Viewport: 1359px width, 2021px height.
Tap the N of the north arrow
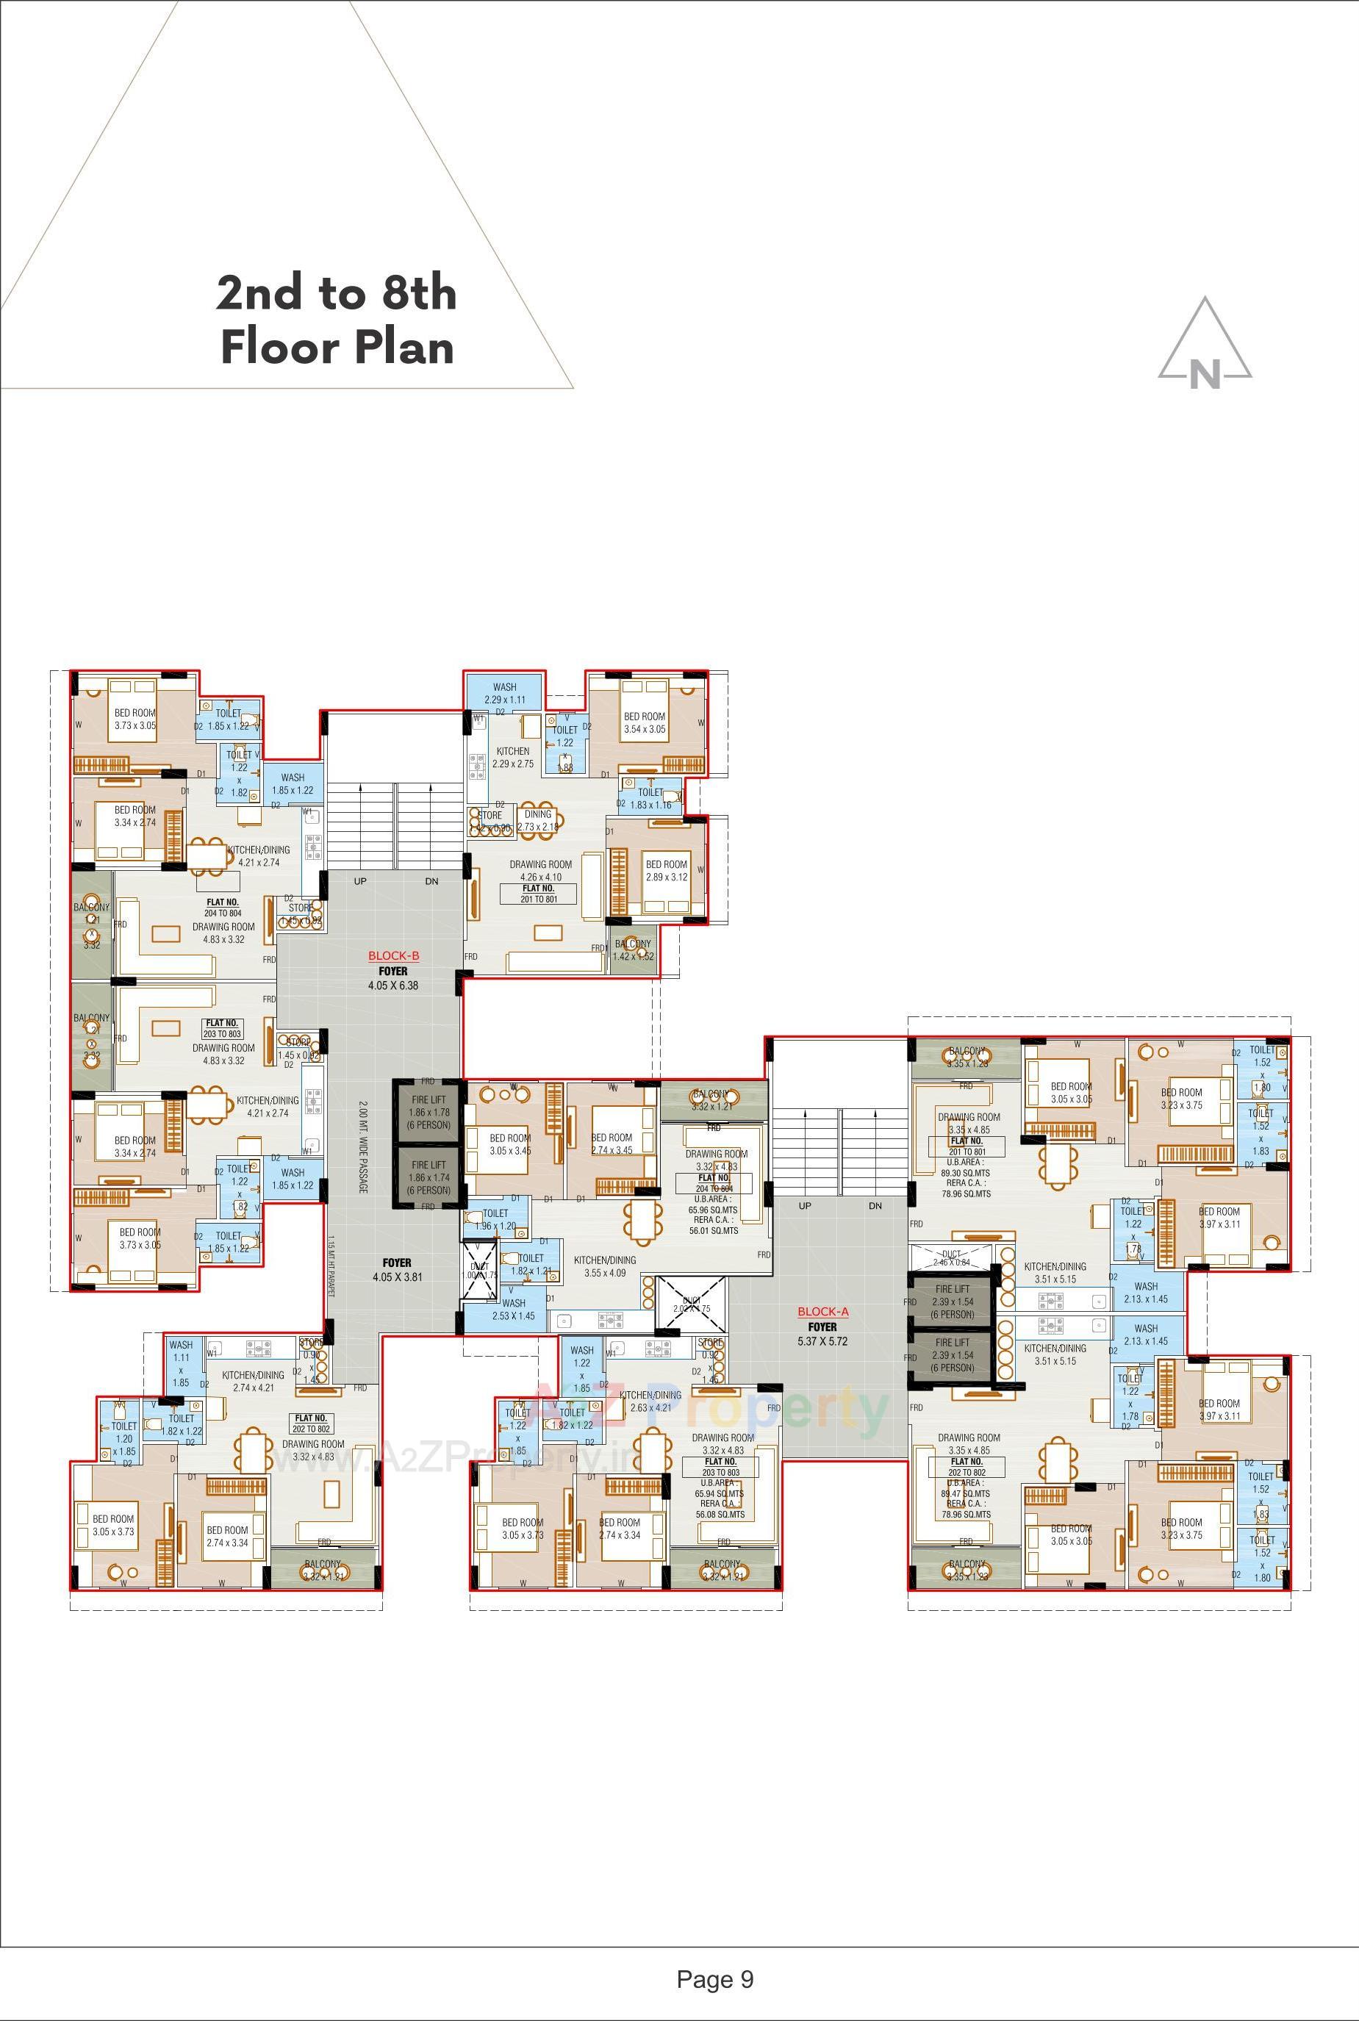click(x=1205, y=374)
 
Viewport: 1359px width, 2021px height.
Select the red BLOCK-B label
click(x=393, y=957)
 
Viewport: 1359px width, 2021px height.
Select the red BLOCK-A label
click(x=822, y=1312)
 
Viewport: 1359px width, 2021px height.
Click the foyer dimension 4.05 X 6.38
click(x=392, y=986)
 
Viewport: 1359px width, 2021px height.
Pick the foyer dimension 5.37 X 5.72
click(x=822, y=1340)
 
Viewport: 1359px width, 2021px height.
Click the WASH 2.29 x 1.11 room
click(x=504, y=693)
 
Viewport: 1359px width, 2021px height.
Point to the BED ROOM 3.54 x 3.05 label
click(x=644, y=722)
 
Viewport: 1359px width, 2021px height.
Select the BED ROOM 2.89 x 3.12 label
click(x=666, y=870)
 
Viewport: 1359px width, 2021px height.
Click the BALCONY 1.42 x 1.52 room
click(x=633, y=950)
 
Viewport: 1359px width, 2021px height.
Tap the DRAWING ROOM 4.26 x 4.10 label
click(x=540, y=870)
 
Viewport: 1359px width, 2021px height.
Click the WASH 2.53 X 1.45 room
click(x=513, y=1310)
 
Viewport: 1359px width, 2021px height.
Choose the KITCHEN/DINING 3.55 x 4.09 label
click(x=604, y=1266)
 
